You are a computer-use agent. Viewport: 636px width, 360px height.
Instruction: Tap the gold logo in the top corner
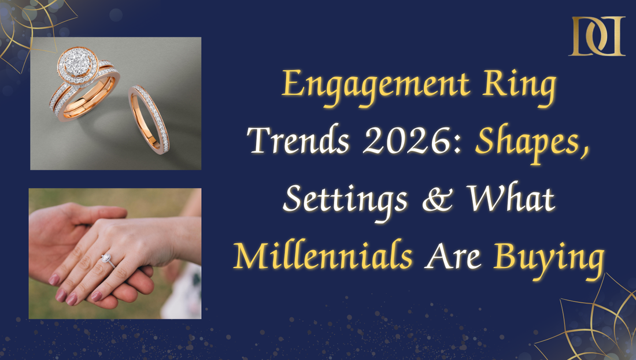[x=597, y=36]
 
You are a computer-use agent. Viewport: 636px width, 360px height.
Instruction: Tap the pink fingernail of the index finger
[x=54, y=280]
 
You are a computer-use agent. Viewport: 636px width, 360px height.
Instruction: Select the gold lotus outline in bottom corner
[x=596, y=324]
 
